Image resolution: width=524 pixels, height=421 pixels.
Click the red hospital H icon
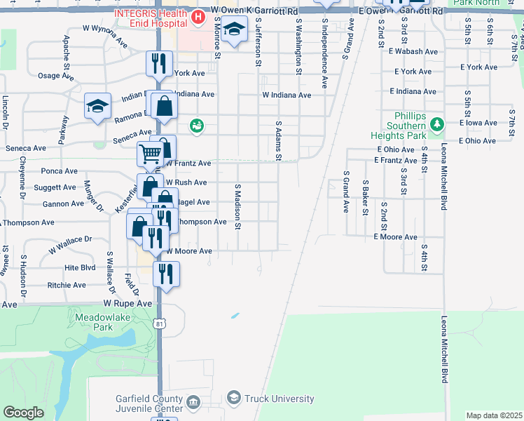point(198,16)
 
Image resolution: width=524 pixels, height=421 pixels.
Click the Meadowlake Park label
point(93,322)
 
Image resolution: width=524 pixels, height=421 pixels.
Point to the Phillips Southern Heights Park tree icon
point(437,124)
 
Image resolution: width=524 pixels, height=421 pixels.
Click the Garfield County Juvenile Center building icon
point(194,402)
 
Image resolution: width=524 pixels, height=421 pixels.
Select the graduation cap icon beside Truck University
point(234,399)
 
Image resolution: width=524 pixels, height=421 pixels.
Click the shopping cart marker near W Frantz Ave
point(150,154)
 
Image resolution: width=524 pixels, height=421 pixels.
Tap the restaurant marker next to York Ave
point(159,64)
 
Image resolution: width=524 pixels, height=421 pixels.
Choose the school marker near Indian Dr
point(98,106)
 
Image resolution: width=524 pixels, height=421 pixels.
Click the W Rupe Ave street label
point(128,304)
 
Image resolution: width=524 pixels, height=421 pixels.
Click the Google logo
point(23,413)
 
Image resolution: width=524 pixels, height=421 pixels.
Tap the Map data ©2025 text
point(494,415)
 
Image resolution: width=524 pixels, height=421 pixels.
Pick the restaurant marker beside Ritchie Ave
point(166,273)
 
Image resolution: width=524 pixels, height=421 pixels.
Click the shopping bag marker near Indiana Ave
point(164,106)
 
